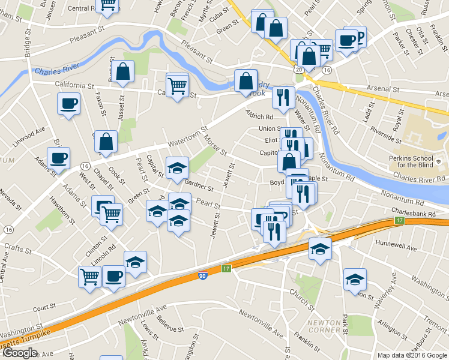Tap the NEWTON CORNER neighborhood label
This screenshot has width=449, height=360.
(324, 326)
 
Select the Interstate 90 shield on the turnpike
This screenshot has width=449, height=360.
(203, 276)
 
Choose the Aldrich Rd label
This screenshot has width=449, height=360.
(259, 114)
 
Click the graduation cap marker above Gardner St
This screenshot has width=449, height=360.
(177, 169)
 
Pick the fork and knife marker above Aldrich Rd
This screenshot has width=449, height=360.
(283, 97)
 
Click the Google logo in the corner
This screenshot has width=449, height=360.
(20, 353)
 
